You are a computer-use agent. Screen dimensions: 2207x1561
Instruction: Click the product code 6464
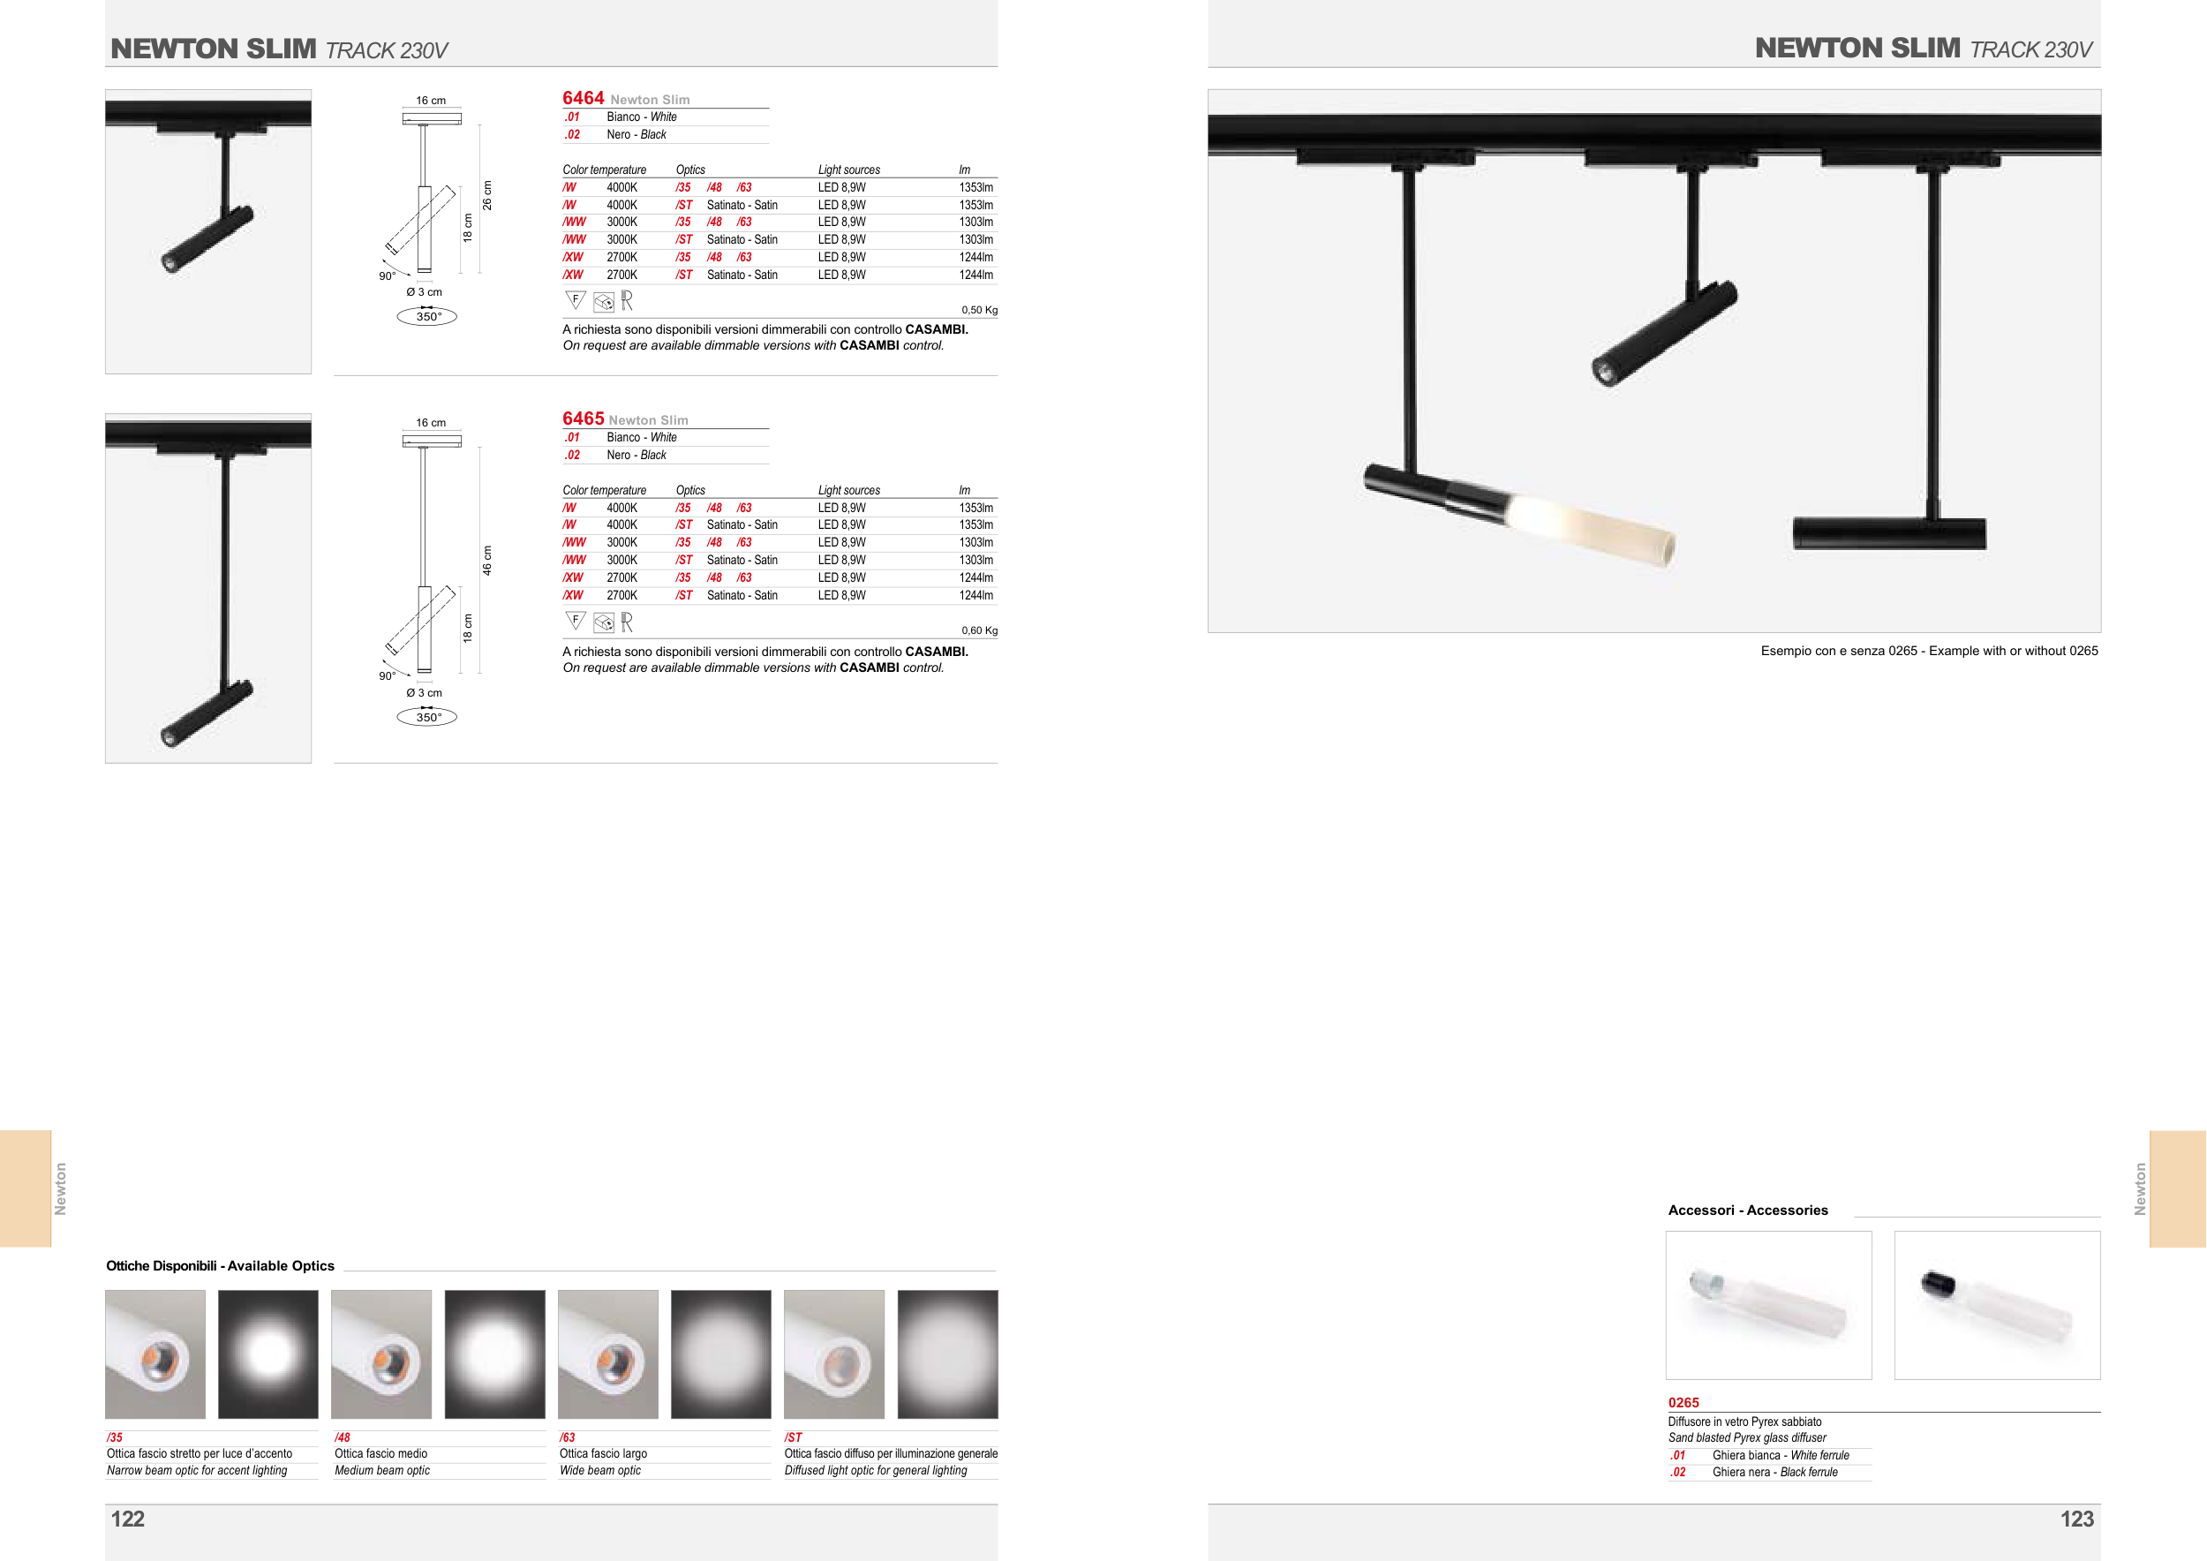click(x=583, y=98)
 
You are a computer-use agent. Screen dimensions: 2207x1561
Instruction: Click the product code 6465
click(x=583, y=419)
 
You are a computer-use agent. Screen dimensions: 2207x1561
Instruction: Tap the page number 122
click(x=128, y=1519)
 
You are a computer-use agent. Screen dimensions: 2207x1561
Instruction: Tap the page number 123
click(x=2076, y=1519)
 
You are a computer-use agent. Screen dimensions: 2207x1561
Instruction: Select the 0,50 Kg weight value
click(x=980, y=311)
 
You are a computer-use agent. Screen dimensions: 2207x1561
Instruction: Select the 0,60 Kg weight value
click(x=980, y=630)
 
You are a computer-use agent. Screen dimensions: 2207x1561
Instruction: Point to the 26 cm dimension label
click(x=487, y=195)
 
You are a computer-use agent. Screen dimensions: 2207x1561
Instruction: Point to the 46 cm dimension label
click(x=487, y=561)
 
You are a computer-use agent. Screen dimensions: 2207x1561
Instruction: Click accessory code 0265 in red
click(x=1683, y=1402)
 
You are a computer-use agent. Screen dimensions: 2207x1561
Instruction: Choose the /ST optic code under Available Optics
click(x=793, y=1438)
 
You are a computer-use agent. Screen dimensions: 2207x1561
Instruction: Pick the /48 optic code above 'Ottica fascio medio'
click(x=343, y=1438)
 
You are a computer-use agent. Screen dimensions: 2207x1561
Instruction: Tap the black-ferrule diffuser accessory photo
click(x=1997, y=1305)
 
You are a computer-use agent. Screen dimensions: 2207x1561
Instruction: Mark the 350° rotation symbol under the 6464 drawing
click(x=426, y=316)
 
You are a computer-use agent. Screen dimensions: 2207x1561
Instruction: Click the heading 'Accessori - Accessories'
click(x=1748, y=1210)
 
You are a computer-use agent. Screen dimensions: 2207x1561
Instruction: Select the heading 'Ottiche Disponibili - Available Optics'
click(x=220, y=1266)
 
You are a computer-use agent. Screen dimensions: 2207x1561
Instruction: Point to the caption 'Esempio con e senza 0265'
click(x=1839, y=651)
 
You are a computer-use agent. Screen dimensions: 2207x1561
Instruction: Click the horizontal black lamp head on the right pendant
click(x=1889, y=533)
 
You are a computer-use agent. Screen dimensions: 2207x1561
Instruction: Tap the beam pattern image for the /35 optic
click(x=268, y=1354)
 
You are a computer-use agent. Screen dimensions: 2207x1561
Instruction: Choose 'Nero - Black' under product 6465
click(x=636, y=456)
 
